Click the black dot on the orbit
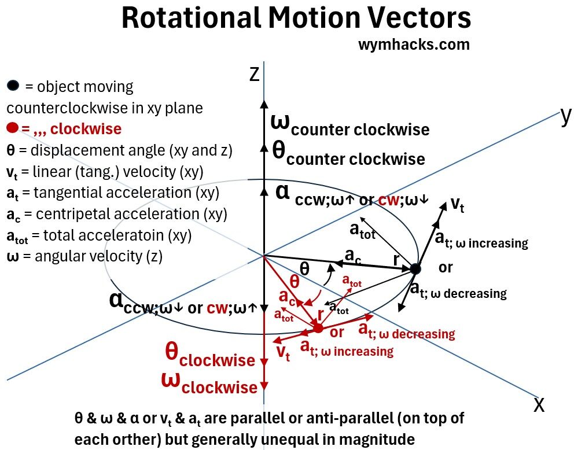(415, 268)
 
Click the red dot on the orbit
(318, 328)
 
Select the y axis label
(565, 116)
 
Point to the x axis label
(539, 404)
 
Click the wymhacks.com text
(414, 45)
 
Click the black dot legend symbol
(13, 86)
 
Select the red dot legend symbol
(13, 127)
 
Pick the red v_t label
(283, 353)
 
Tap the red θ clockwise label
(209, 355)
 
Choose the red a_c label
(288, 297)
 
